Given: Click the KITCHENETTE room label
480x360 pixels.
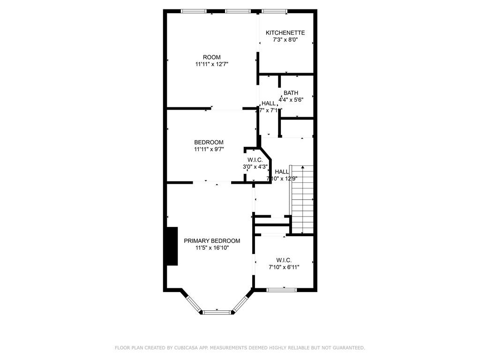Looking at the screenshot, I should (x=285, y=33).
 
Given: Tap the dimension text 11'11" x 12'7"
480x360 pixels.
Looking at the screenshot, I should (x=212, y=64).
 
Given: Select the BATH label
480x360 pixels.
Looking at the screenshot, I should (x=291, y=93).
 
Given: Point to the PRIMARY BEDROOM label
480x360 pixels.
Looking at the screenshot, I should (x=212, y=241).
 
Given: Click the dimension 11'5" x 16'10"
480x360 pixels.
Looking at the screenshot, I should (x=212, y=248).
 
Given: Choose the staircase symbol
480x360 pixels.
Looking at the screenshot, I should (x=302, y=199).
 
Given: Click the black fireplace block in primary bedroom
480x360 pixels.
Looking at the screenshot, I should (x=172, y=246).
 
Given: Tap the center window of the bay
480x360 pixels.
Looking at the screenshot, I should (x=217, y=312).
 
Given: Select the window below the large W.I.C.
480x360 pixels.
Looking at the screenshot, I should (x=282, y=290).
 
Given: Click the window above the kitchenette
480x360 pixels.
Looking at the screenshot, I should (x=275, y=11).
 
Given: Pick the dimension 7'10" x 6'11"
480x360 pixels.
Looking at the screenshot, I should (x=284, y=267).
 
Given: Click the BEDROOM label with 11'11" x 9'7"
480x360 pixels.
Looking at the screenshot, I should (x=209, y=142).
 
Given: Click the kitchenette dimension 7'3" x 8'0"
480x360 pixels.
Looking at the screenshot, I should (x=285, y=40).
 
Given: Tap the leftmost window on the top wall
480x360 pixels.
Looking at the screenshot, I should (x=194, y=11).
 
